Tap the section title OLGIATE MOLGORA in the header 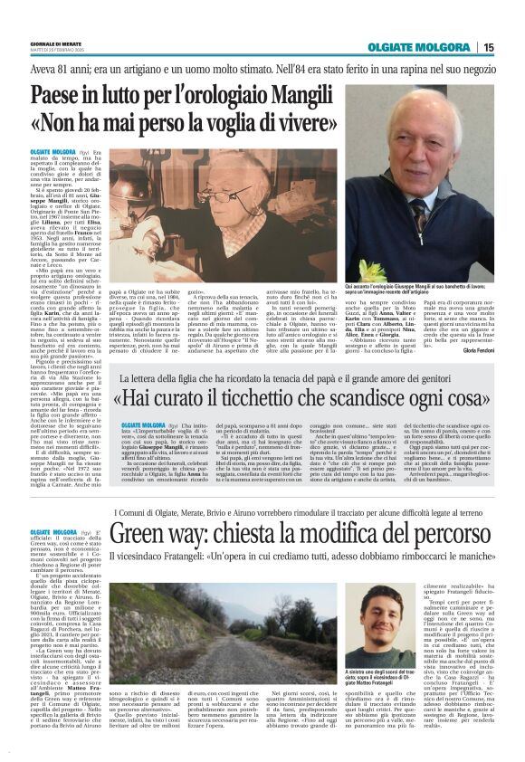[x=426, y=48]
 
